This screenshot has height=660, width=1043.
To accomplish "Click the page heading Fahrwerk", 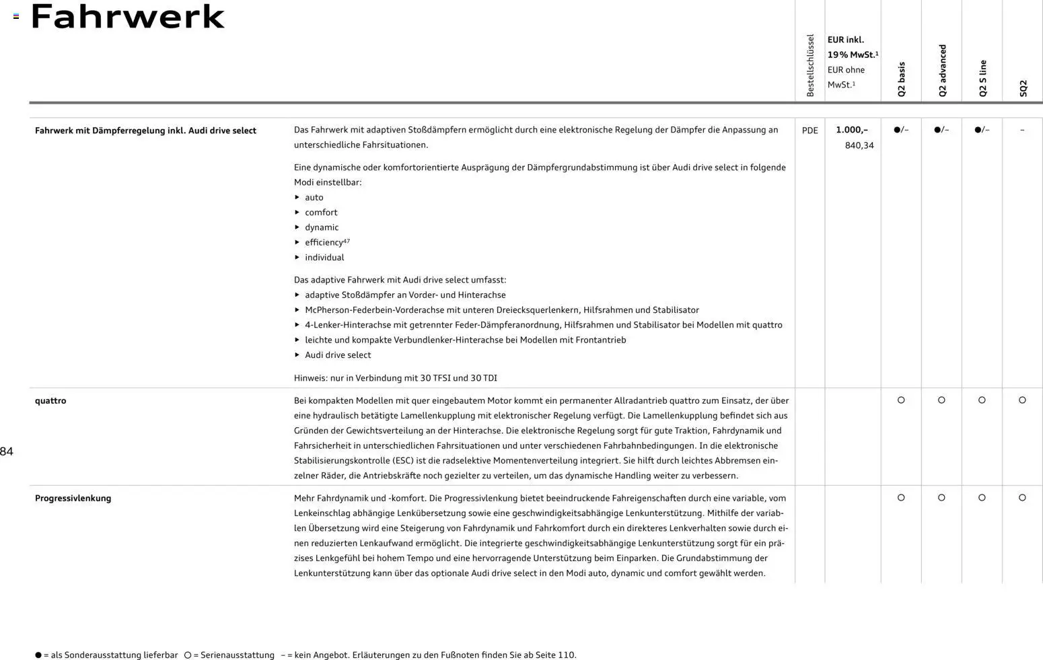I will [127, 17].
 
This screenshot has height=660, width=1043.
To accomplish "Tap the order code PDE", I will [810, 131].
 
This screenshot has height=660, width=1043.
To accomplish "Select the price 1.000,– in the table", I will [851, 130].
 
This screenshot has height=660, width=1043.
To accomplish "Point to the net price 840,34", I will [859, 145].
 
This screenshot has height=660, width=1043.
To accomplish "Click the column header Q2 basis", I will [901, 79].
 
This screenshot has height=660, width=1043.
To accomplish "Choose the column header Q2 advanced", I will [942, 71].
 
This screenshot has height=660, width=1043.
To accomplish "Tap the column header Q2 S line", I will [982, 78].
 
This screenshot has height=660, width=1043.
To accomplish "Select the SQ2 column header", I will [1023, 88].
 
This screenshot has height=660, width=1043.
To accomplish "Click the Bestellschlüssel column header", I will [810, 65].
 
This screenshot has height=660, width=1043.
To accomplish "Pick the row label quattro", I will [50, 401].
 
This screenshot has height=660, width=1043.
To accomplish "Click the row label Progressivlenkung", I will [73, 499].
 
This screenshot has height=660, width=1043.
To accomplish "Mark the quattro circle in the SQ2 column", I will [1022, 400].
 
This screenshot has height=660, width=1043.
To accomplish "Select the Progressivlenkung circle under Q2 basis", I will [901, 498].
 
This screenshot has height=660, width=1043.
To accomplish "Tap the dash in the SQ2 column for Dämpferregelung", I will [1022, 131].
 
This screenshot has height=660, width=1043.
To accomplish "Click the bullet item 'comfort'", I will [321, 213].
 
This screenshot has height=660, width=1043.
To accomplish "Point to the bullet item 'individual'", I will [324, 258].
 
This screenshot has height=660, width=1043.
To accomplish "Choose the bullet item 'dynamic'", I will [322, 227].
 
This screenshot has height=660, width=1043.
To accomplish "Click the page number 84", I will [7, 451].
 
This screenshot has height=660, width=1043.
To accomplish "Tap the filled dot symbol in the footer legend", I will [38, 655].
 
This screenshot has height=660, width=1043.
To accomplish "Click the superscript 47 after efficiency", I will [347, 241].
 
